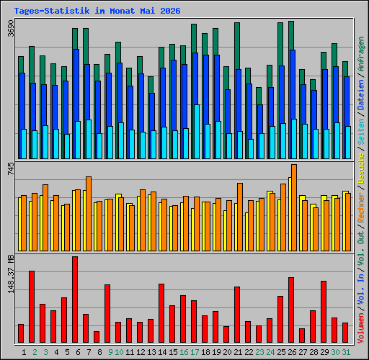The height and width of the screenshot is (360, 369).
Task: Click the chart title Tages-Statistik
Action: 52,11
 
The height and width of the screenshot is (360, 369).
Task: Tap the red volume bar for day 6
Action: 75,300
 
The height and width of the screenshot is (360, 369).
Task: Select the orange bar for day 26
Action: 294,207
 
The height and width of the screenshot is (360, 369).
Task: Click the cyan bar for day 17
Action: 197,132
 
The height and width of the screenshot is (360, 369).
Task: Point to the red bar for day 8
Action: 97,337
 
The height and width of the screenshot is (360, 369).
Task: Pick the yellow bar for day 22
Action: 247,232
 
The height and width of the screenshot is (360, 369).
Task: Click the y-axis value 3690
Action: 11,28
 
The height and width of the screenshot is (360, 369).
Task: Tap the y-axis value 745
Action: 11,168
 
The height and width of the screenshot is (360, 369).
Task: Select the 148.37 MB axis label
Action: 11,274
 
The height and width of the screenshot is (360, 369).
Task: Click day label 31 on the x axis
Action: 346,352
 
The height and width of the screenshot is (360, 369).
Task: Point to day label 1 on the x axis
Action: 24,352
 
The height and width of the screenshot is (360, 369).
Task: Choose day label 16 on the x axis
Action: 184,352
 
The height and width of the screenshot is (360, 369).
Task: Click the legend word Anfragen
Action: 361,54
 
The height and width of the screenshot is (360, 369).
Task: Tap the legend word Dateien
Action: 361,94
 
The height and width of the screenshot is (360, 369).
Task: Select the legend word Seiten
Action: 361,132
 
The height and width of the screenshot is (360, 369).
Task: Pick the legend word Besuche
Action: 361,168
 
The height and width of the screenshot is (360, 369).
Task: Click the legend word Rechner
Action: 361,207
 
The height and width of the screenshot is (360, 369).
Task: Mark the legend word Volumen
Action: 361,328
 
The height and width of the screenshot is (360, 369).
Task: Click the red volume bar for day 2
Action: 32,307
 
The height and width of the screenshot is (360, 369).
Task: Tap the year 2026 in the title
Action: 170,11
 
